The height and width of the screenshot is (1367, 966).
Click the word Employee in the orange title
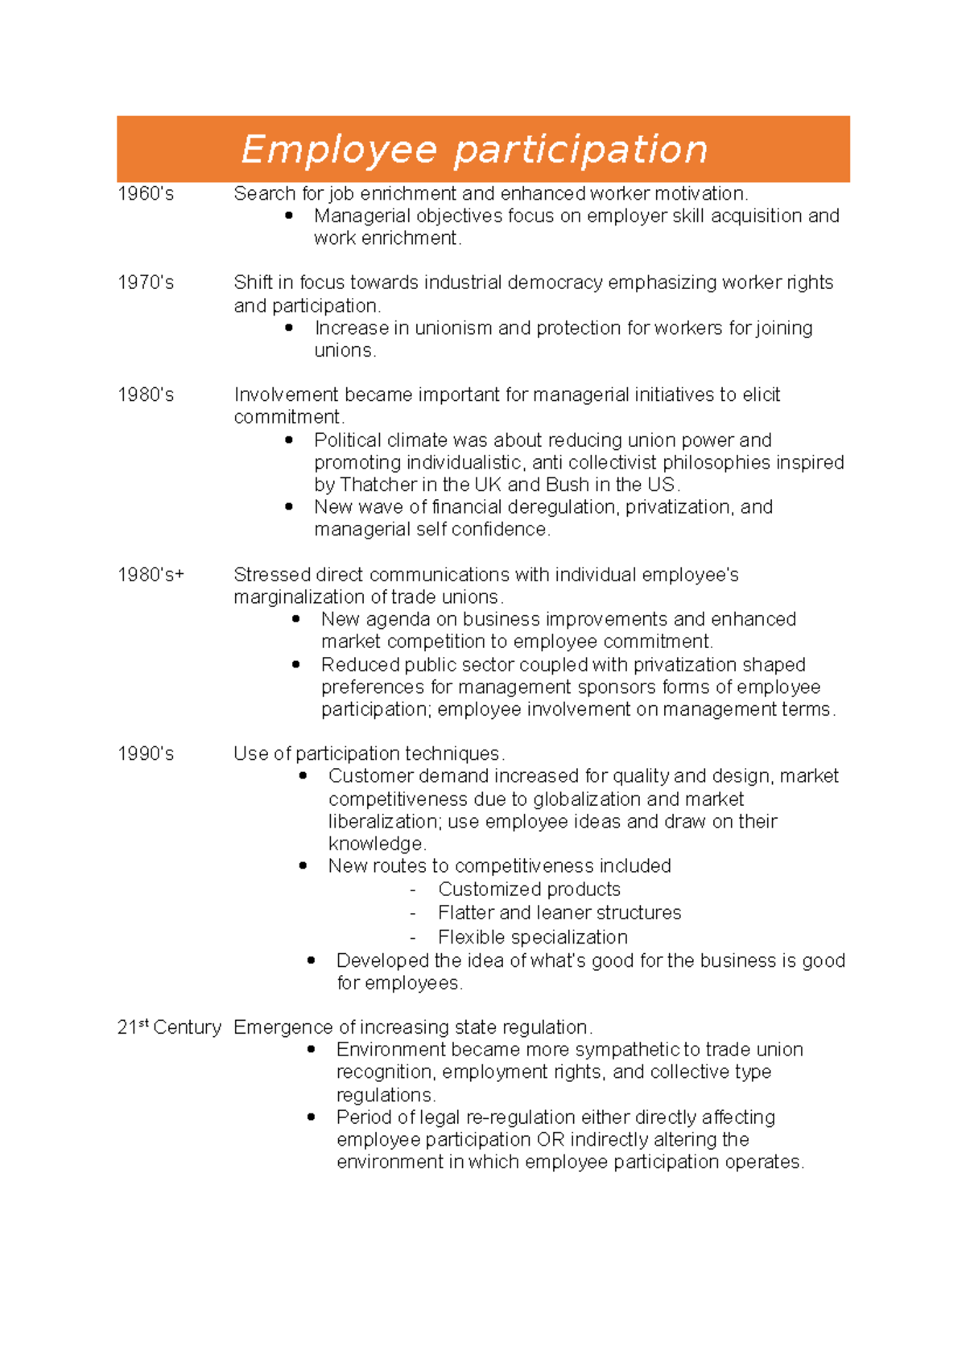pyautogui.click(x=339, y=150)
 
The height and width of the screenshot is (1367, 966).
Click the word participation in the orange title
pyautogui.click(x=580, y=150)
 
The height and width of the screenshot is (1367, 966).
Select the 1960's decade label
pyautogui.click(x=146, y=193)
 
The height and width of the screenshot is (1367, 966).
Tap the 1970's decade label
pyautogui.click(x=146, y=283)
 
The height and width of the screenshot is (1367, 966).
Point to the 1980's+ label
pyautogui.click(x=151, y=574)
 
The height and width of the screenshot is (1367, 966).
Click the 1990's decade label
pyautogui.click(x=146, y=754)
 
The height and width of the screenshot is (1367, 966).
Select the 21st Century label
pyautogui.click(x=169, y=1027)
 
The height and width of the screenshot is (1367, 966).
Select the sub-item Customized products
pyautogui.click(x=529, y=890)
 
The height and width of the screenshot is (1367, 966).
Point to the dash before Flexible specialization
pyautogui.click(x=413, y=938)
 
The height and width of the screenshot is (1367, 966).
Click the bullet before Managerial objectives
pyautogui.click(x=289, y=215)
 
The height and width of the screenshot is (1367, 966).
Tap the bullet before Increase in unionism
pyautogui.click(x=289, y=328)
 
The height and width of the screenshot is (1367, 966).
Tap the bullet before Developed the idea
pyautogui.click(x=312, y=960)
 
